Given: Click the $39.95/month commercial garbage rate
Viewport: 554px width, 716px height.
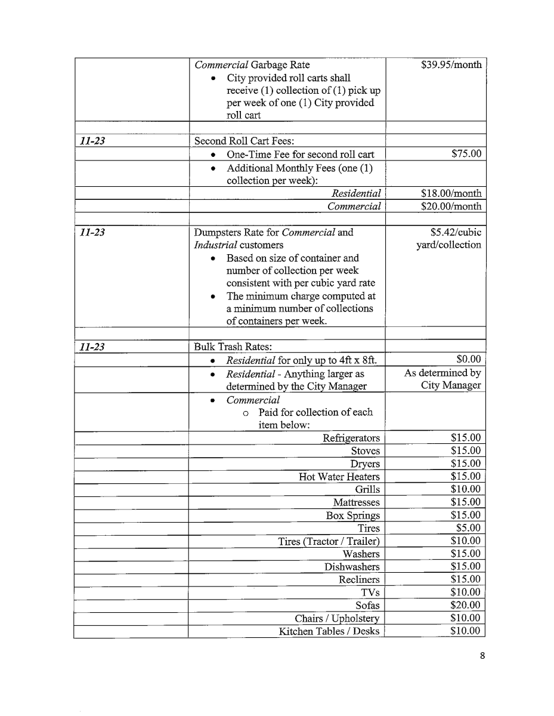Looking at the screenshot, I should [x=451, y=65].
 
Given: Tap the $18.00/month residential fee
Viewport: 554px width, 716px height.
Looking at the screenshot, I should [x=451, y=193].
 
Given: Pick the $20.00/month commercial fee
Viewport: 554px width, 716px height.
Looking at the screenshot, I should [x=451, y=206].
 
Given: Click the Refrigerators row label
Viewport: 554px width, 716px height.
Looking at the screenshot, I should [x=351, y=438].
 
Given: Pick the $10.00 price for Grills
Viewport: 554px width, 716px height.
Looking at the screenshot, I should [x=466, y=489].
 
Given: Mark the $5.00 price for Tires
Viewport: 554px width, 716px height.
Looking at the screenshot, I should [x=468, y=528].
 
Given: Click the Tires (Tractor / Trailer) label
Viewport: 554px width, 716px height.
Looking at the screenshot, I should [x=329, y=541].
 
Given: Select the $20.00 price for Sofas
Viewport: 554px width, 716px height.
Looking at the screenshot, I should [x=466, y=606].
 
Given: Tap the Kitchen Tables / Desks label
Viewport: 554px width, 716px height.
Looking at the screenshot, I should [x=329, y=631].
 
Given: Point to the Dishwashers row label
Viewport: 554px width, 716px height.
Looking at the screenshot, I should [x=352, y=567].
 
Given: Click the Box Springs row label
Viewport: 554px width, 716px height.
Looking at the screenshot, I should [x=352, y=516].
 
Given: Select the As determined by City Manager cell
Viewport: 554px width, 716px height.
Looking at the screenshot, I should [x=442, y=379].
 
